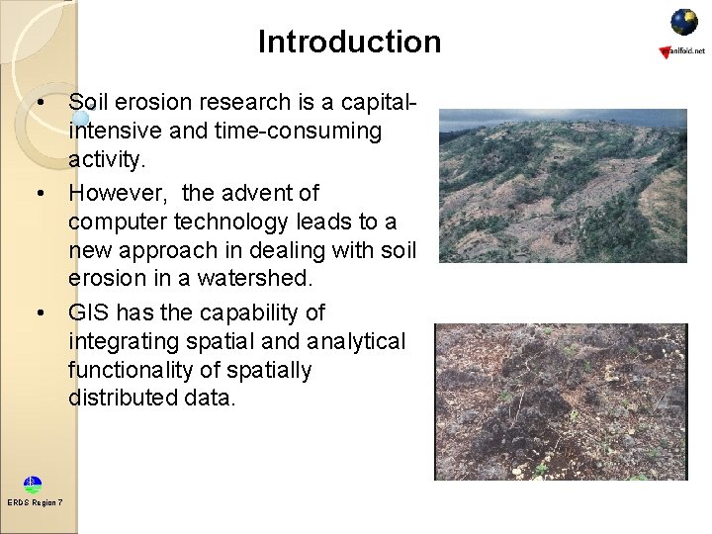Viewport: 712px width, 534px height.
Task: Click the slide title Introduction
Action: pyautogui.click(x=349, y=42)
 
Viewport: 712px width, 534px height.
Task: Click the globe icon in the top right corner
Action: pyautogui.click(x=683, y=22)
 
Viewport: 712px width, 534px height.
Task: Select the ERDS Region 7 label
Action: pyautogui.click(x=35, y=503)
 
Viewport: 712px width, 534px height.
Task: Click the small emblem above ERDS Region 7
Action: pyautogui.click(x=34, y=485)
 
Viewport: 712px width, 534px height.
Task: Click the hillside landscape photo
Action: pyautogui.click(x=562, y=186)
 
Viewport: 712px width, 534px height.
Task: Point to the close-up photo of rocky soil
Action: pyautogui.click(x=562, y=401)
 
